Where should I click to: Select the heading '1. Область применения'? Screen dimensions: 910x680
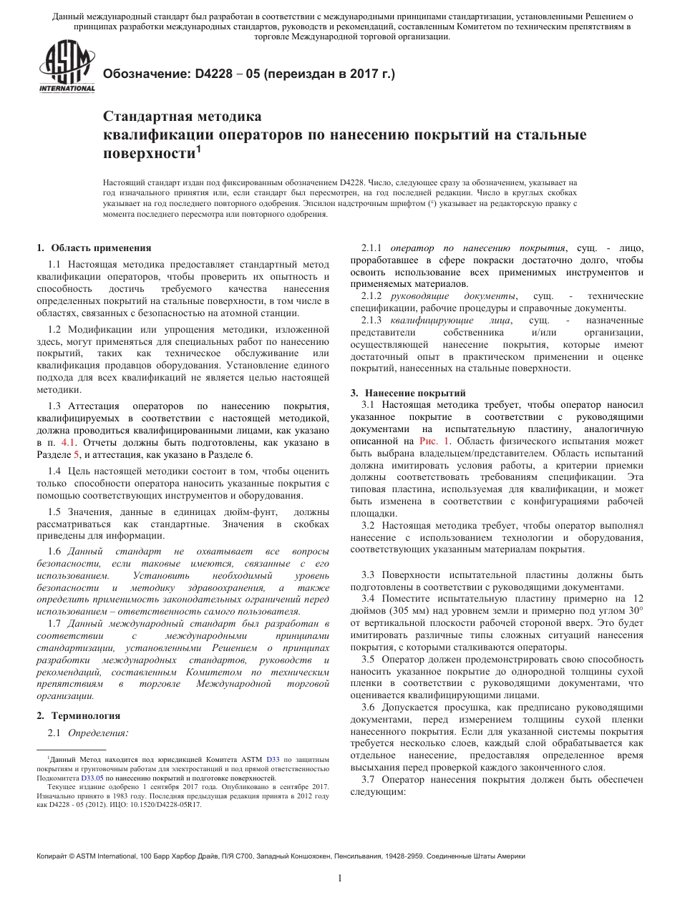pos(94,248)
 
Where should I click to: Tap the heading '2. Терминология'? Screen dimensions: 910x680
pos(78,715)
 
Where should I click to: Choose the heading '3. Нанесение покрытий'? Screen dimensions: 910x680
pos(408,393)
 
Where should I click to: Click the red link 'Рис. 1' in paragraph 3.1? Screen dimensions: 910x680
pos(434,441)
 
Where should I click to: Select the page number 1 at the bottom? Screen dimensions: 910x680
pos(340,879)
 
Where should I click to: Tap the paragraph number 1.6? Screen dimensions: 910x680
pos(54,552)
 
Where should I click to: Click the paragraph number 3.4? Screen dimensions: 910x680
pos(369,597)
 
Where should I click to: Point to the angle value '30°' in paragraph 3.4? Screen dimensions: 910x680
pos(634,610)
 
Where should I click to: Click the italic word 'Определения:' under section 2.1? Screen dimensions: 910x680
pos(98,733)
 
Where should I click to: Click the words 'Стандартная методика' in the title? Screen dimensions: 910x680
pos(183,116)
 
